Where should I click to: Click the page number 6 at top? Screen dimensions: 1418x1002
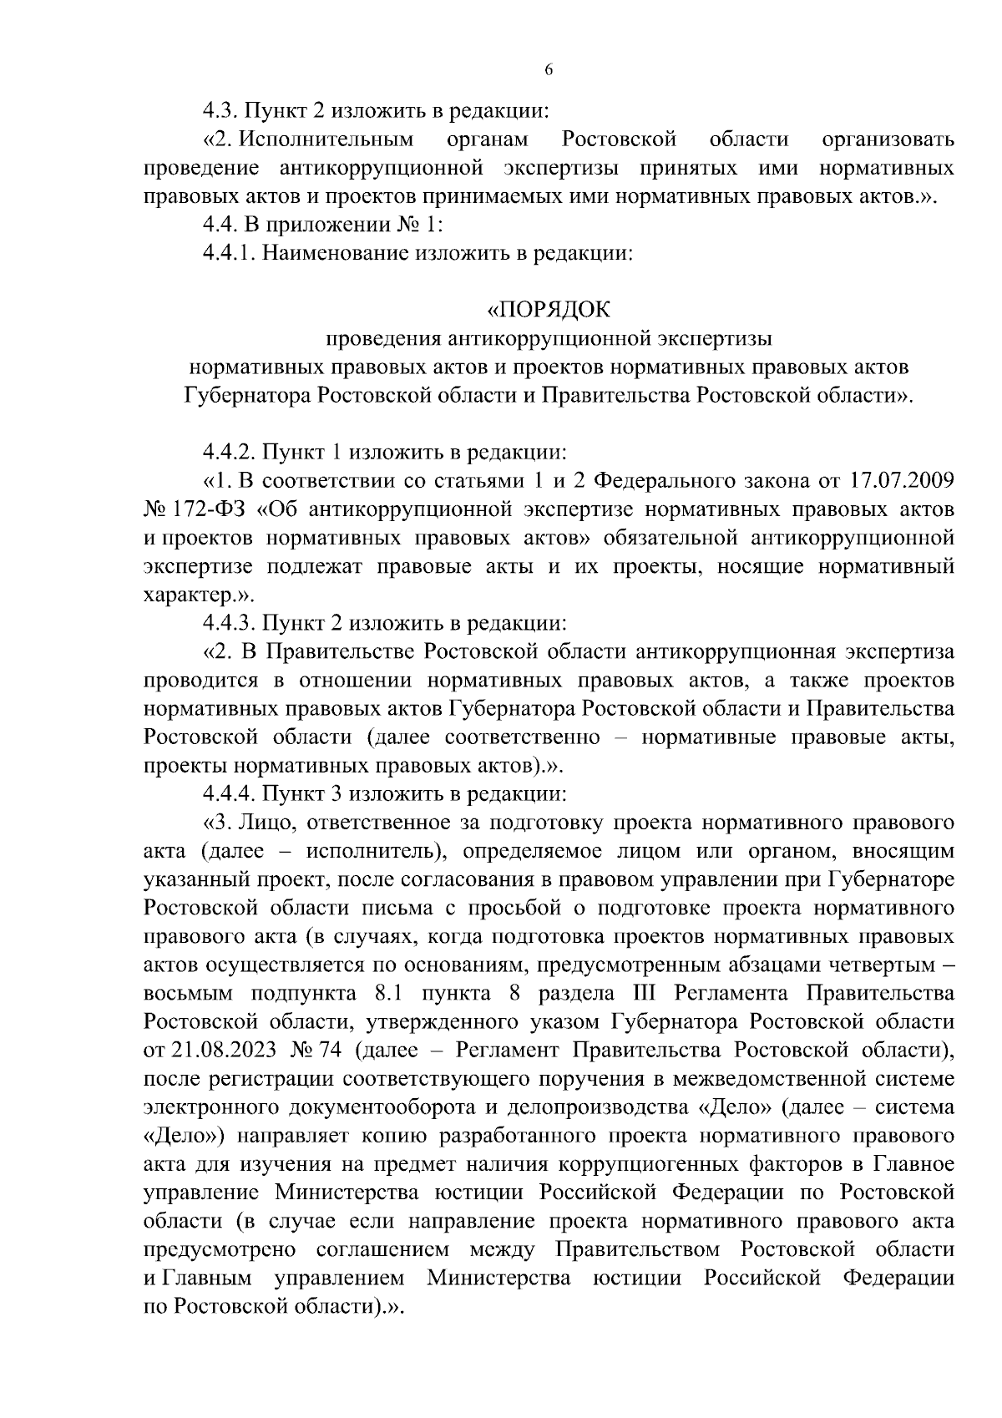549,71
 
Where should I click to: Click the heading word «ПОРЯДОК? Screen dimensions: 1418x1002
549,311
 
